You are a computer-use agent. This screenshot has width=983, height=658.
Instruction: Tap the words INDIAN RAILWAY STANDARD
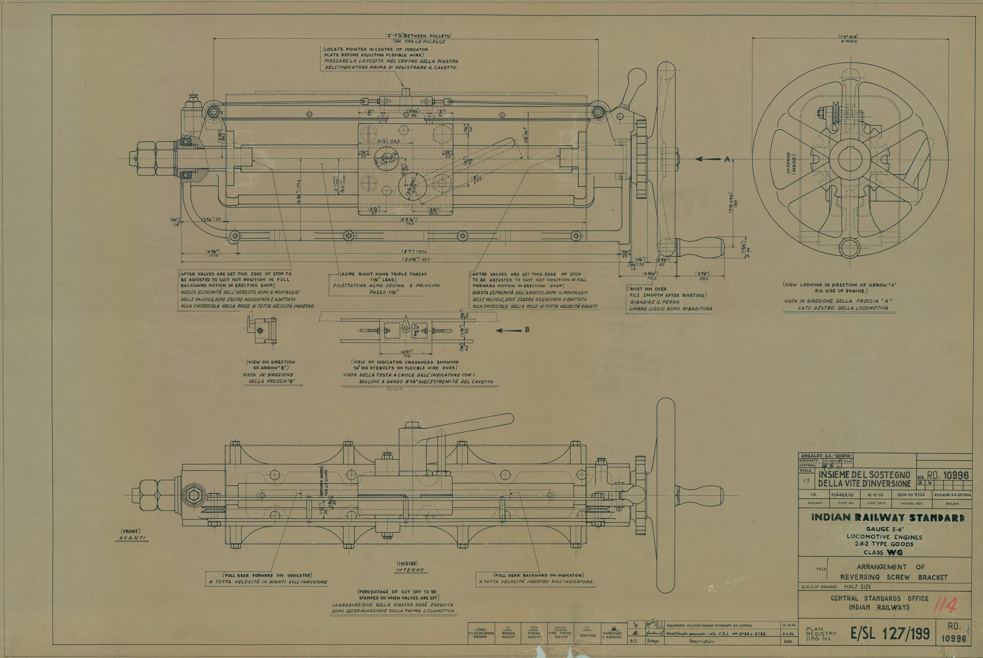coord(887,517)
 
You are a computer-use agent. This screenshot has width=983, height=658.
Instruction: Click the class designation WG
coord(895,552)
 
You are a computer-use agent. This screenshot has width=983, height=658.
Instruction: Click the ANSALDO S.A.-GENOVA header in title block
coord(820,456)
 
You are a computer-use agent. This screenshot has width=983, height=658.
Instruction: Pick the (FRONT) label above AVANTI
coord(130,531)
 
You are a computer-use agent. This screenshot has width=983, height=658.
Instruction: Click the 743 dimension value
coord(409,224)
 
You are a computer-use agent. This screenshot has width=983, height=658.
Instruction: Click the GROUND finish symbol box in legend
coord(588,633)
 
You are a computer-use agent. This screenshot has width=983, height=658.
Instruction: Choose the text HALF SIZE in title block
coord(857,587)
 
